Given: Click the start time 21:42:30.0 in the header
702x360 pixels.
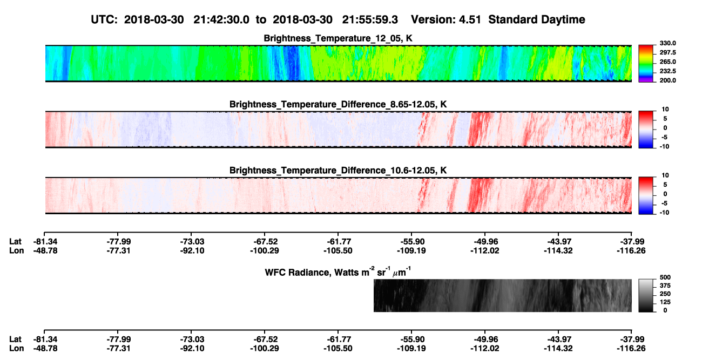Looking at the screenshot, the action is pos(221,19).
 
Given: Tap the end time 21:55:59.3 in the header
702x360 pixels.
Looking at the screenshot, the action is pos(370,19).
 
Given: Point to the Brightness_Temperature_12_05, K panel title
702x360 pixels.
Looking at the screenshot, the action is pos(338,38).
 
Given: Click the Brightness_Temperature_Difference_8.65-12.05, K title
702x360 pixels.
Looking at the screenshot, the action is pos(338,104).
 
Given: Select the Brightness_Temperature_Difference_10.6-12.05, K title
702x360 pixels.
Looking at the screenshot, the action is pos(338,171).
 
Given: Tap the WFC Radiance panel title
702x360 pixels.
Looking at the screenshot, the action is pos(338,272).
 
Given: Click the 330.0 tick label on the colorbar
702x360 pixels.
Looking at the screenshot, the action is pos(667,43).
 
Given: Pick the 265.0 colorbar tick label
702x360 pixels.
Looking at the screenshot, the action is pos(667,62).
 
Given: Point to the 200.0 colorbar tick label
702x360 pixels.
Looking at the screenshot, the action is pos(667,80).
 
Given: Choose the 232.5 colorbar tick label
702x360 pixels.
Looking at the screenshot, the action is pos(667,71).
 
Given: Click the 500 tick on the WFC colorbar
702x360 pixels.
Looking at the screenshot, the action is pos(665,277).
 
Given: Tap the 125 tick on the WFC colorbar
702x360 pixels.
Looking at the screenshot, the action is pos(665,302).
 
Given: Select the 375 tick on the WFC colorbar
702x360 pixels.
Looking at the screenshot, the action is pos(665,286).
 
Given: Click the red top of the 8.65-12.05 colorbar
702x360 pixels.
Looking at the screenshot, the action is pos(646,113).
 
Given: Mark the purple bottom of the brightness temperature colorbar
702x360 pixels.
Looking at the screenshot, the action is pos(646,80).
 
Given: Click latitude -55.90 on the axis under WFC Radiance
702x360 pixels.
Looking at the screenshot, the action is pos(411,339).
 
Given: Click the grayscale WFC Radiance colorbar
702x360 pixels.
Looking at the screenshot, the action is pos(646,295).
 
